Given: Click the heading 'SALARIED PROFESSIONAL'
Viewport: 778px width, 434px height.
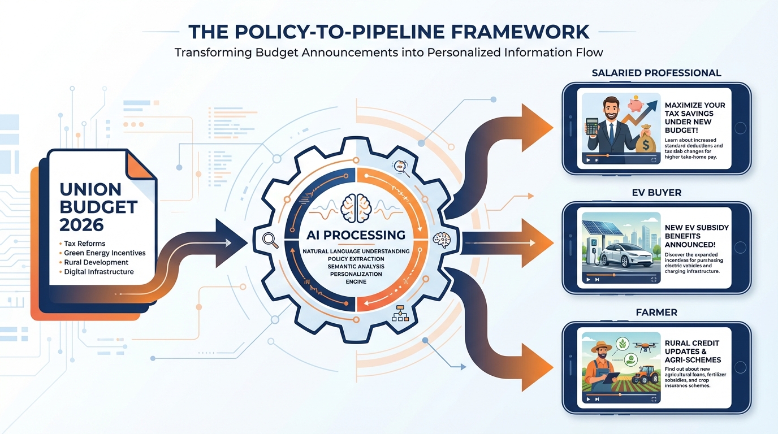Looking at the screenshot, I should [x=656, y=73].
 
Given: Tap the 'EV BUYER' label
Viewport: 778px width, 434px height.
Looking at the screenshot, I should [x=656, y=193].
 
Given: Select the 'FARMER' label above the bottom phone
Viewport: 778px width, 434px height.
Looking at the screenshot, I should [x=656, y=312].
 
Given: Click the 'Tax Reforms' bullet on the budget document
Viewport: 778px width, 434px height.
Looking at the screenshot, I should [x=85, y=244].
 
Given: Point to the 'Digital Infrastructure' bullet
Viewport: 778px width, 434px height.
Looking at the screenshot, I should [x=99, y=272].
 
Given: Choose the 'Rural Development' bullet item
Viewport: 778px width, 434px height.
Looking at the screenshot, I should [x=96, y=262].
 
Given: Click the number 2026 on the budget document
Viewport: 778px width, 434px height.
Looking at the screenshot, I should [x=81, y=225].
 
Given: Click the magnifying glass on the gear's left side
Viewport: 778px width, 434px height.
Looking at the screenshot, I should [x=271, y=240].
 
